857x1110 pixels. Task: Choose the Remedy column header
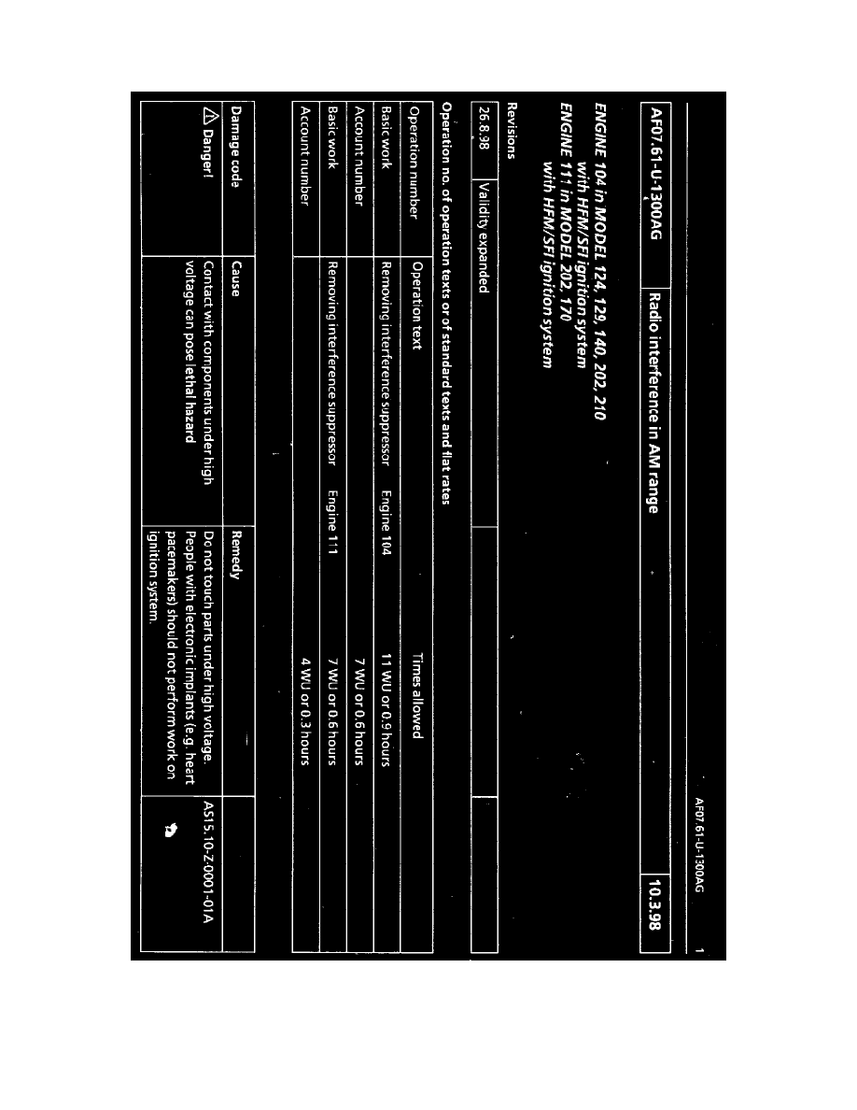tap(237, 552)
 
